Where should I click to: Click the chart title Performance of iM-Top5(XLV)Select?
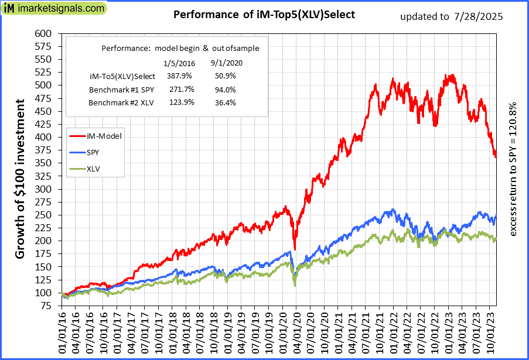[264, 15]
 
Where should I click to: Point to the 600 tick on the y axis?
[45, 33]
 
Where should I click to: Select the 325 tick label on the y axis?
[45, 189]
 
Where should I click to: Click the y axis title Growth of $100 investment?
[20, 179]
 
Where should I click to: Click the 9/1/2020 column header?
[226, 63]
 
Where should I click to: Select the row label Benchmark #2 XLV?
[117, 102]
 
